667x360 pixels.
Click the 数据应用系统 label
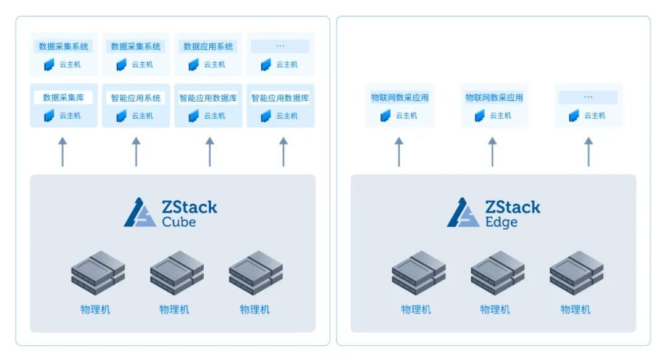click(x=208, y=46)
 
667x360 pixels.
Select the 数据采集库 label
click(x=64, y=98)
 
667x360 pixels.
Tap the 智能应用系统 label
click(x=136, y=98)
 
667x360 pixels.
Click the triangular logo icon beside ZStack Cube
click(x=140, y=212)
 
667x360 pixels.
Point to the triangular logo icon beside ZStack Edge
click(x=463, y=212)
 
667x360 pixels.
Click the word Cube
click(x=178, y=222)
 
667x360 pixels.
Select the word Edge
click(x=501, y=222)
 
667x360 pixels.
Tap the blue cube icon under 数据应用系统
click(x=193, y=65)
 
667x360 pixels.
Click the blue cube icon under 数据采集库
click(x=49, y=115)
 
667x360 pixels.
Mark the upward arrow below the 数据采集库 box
click(x=62, y=151)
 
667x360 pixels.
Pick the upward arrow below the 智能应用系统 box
click(x=136, y=151)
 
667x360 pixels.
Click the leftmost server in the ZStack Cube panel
click(x=98, y=273)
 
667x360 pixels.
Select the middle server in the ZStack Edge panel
click(x=497, y=273)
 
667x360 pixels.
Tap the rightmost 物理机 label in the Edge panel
click(x=575, y=309)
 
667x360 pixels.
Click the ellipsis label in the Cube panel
click(x=280, y=46)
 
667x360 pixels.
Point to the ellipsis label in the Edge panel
click(x=589, y=97)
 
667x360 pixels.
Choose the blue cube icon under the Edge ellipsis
click(x=574, y=115)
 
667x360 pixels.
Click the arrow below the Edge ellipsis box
click(x=589, y=151)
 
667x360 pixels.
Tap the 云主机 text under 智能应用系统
click(x=142, y=115)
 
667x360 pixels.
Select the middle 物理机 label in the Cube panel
click(x=174, y=309)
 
